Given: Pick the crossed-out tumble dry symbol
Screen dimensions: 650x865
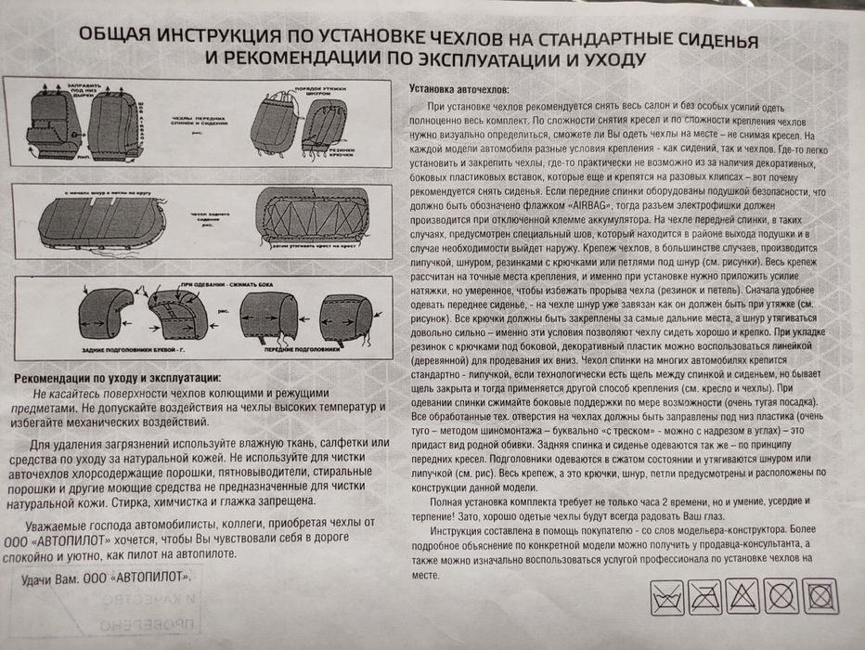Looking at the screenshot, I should pyautogui.click(x=820, y=594).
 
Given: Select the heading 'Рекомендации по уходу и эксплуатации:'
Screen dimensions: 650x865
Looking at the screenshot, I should pyautogui.click(x=121, y=378).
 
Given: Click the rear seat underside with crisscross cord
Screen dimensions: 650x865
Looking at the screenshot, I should pyautogui.click(x=316, y=220).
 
